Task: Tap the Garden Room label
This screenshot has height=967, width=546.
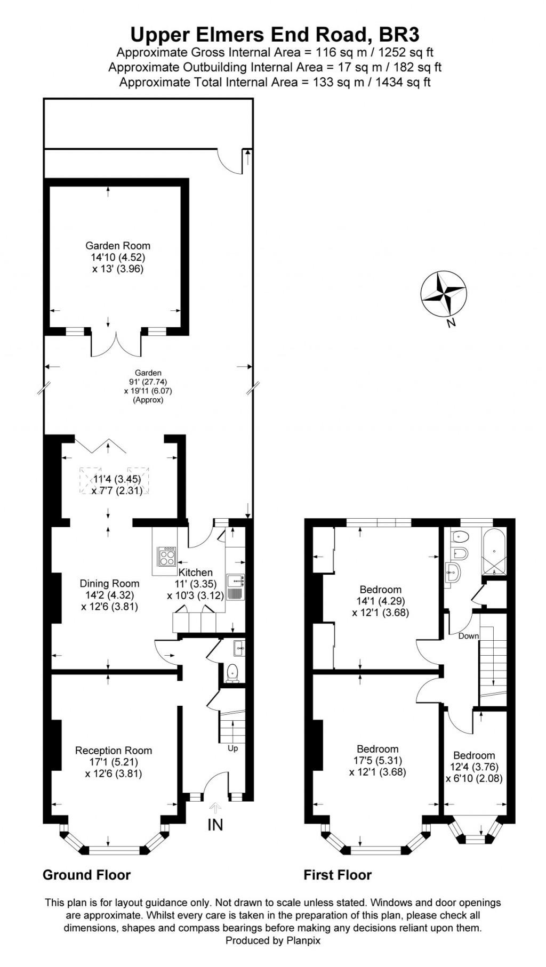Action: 118,246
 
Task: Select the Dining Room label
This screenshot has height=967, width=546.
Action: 109,584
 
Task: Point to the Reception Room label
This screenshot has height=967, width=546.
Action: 114,751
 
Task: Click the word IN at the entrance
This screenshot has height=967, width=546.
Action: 215,825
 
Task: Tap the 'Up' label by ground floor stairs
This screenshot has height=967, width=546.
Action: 232,748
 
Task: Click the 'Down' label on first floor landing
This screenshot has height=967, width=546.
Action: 468,636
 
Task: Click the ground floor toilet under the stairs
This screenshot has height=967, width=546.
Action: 232,673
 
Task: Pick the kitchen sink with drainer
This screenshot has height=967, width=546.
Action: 235,586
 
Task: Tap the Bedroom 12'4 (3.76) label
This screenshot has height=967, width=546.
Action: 474,755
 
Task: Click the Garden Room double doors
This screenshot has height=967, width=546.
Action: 116,343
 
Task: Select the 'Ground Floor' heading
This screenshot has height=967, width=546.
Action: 86,875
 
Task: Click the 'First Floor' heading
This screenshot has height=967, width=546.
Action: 338,875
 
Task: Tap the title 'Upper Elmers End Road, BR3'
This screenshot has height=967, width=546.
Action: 275,35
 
